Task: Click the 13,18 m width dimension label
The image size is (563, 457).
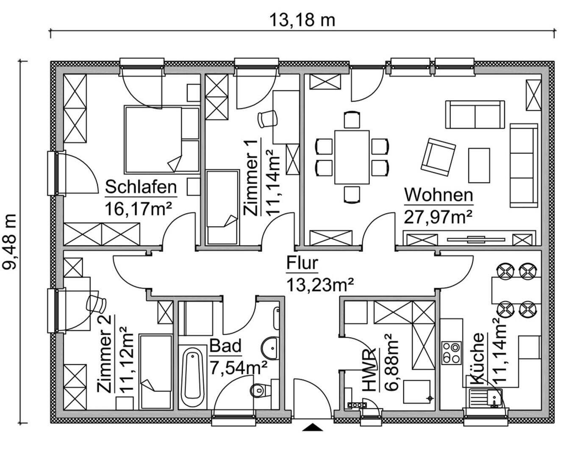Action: coord(302,20)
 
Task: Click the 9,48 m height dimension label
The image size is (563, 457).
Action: coord(10,241)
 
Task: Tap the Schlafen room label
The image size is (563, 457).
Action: coord(141,187)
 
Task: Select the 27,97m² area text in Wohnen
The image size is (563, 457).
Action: coord(438,217)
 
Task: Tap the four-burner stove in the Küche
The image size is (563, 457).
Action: coord(451,353)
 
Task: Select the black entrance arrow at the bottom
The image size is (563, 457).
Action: coord(313,427)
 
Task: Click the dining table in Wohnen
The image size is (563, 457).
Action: coord(352,157)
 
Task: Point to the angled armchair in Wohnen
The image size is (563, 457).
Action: coord(438,157)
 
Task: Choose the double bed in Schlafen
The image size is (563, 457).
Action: coord(162,140)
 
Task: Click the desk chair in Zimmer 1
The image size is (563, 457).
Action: coord(268,119)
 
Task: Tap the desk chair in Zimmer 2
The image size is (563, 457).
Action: coord(96,303)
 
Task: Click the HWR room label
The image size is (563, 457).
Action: coord(368,370)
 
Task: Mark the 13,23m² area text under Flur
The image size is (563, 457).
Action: coord(320,285)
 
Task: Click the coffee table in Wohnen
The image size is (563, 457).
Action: coord(479,165)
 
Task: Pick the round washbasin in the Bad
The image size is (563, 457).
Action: coord(270,347)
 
